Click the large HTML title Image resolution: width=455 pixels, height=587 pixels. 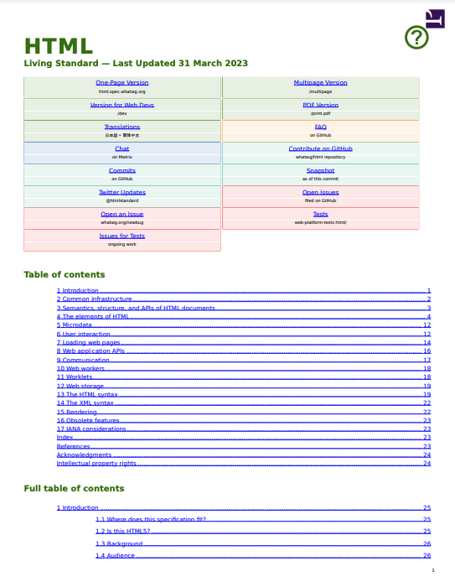tap(58, 46)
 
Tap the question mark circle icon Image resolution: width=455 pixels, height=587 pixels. tap(416, 38)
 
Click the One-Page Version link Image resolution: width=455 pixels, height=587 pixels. tap(122, 83)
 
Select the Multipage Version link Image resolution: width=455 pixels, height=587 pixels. tap(320, 83)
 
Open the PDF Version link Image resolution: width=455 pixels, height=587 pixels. tap(320, 105)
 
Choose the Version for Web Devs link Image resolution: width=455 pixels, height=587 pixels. tap(122, 105)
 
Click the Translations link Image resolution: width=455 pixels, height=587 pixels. tap(122, 127)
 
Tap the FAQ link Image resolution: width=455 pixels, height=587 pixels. tap(320, 127)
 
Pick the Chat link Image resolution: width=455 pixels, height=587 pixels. tap(122, 148)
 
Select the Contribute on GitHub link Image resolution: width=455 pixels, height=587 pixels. tap(320, 148)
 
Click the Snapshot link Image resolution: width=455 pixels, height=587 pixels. tap(320, 170)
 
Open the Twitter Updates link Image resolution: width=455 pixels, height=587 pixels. tap(122, 192)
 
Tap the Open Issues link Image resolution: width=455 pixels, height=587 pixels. tap(320, 192)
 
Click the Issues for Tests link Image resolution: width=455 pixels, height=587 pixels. tap(122, 236)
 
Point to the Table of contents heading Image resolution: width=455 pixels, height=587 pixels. tap(65, 274)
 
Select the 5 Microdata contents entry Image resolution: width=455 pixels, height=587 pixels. tap(75, 325)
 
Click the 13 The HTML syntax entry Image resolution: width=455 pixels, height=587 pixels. tap(87, 394)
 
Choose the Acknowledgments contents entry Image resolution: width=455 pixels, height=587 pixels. tap(84, 455)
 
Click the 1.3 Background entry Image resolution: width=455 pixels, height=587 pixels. tap(119, 543)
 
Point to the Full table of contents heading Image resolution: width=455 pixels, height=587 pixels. tap(74, 488)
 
